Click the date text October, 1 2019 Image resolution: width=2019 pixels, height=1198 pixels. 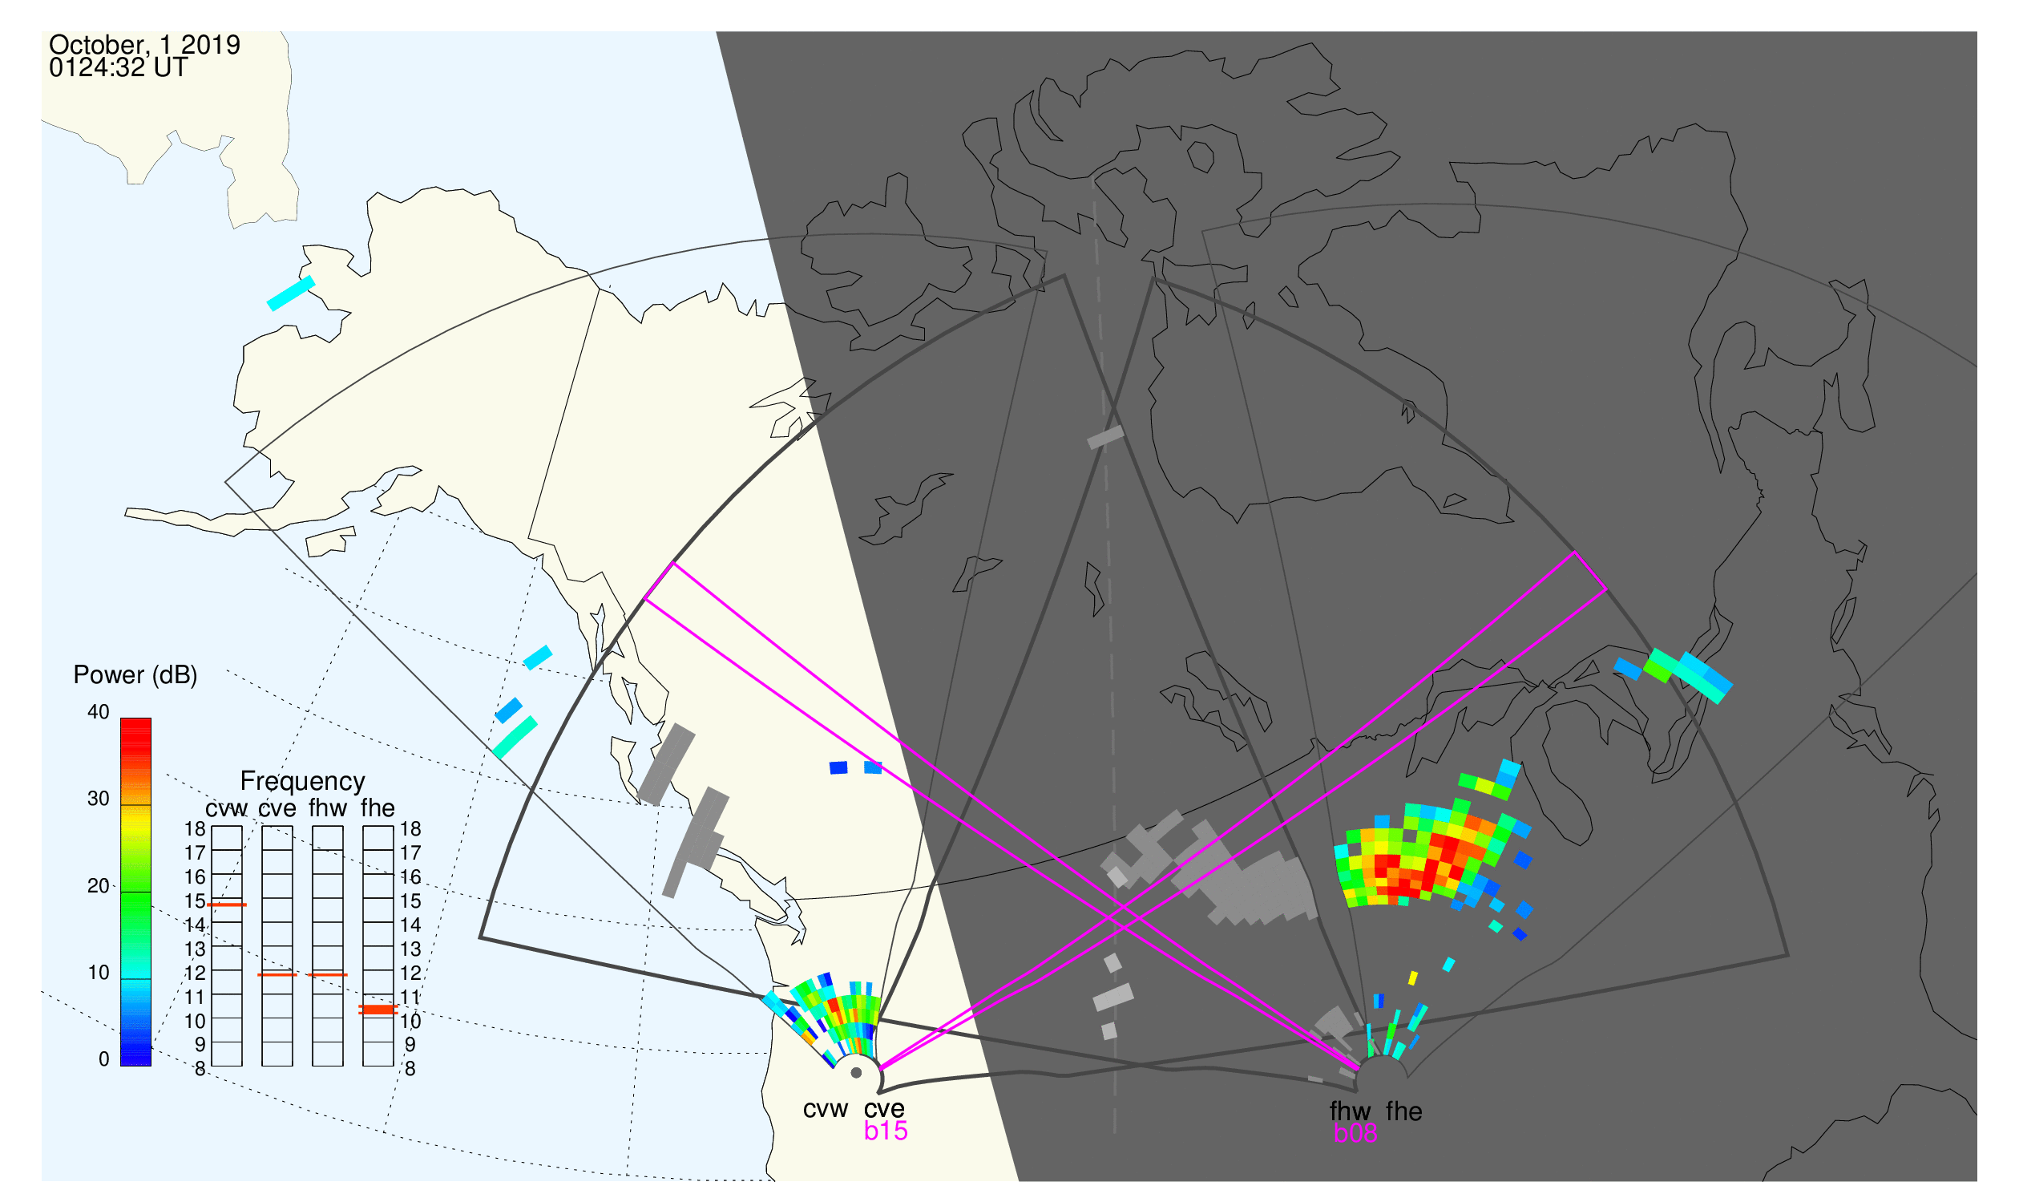[x=144, y=45]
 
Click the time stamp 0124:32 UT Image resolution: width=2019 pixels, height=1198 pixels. [x=118, y=68]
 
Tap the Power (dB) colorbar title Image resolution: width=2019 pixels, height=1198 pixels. [x=135, y=676]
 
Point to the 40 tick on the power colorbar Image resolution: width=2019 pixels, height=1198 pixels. [x=99, y=712]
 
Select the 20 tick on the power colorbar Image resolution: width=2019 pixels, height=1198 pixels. [x=99, y=886]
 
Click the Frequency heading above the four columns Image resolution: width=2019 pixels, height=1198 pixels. [x=303, y=782]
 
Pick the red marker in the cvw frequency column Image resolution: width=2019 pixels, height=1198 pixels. [x=227, y=905]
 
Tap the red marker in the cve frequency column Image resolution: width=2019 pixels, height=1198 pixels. [x=277, y=975]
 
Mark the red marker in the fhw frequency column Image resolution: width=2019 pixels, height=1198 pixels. [x=328, y=975]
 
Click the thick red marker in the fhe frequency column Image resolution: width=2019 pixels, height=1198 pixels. [x=378, y=1010]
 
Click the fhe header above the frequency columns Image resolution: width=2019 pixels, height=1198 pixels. [x=378, y=808]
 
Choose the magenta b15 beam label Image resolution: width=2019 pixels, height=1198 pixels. [x=886, y=1131]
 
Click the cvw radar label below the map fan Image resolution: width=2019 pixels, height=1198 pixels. [x=826, y=1110]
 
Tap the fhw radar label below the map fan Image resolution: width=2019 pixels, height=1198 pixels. [x=1350, y=1111]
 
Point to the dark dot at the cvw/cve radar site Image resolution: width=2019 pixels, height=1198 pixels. [x=856, y=1073]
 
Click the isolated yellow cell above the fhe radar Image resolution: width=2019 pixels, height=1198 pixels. [x=1413, y=978]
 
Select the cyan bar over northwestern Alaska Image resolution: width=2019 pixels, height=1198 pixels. [x=290, y=293]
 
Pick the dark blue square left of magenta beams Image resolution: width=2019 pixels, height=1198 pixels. [x=838, y=767]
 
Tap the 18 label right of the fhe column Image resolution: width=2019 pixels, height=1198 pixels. [x=410, y=829]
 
